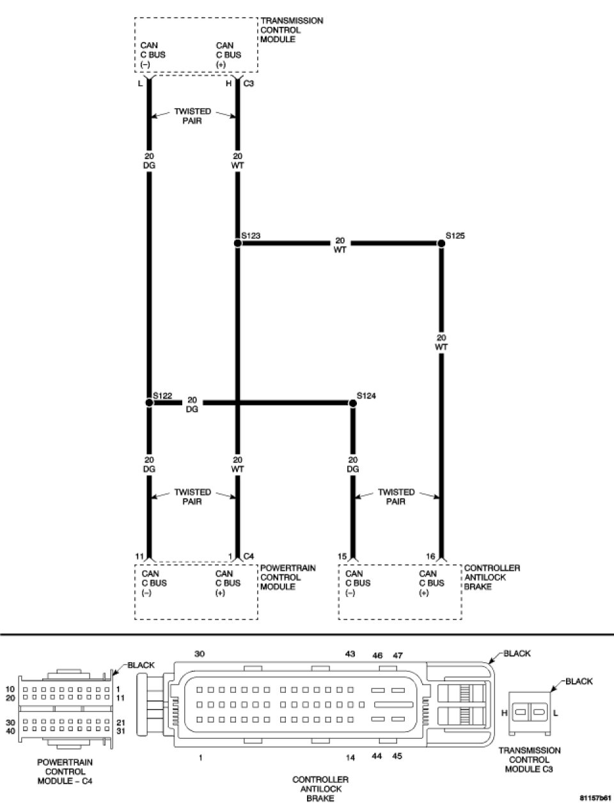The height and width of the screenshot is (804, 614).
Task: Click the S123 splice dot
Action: click(237, 244)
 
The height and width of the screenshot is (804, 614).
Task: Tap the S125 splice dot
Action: click(441, 244)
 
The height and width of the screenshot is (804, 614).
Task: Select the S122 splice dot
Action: click(149, 403)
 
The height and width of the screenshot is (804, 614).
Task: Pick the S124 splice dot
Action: click(352, 403)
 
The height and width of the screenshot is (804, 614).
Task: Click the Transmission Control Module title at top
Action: click(292, 30)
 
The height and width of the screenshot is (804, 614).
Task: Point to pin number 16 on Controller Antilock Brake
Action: click(430, 557)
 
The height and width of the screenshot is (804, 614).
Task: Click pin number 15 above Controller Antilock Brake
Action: click(342, 557)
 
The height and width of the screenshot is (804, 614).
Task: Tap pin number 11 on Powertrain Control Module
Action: click(139, 557)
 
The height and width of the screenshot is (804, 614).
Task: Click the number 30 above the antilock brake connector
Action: click(200, 654)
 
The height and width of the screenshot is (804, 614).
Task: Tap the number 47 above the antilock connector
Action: click(398, 655)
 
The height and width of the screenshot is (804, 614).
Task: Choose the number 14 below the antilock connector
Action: click(350, 758)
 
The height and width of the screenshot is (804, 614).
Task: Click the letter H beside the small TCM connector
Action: click(504, 712)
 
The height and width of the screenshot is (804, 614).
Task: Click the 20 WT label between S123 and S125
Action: click(340, 245)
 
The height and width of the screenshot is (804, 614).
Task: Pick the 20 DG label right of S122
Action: click(192, 405)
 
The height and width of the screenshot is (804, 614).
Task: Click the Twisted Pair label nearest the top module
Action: click(193, 116)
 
